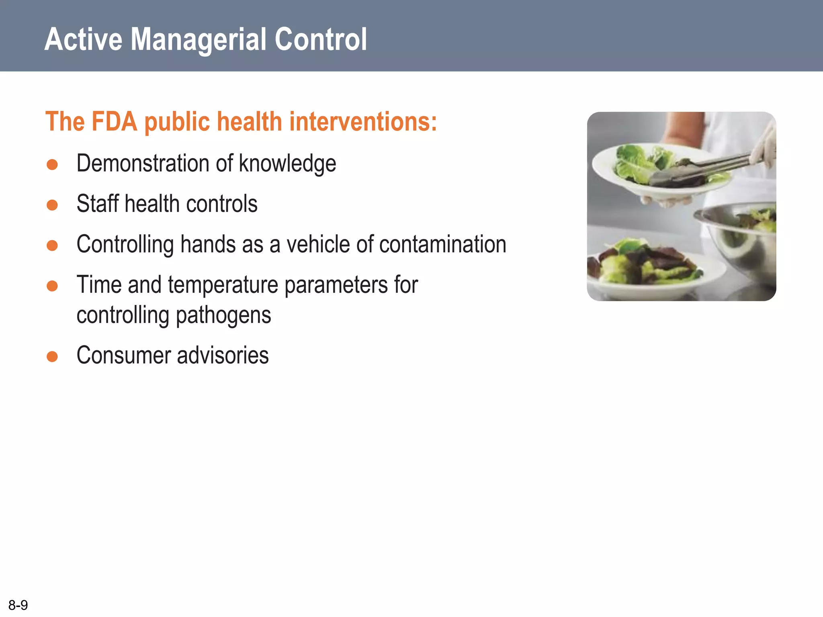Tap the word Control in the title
tap(320, 40)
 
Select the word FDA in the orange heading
tap(115, 122)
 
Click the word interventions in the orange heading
tap(362, 122)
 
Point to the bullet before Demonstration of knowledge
tap(52, 164)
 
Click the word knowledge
tap(287, 164)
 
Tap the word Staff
tap(98, 204)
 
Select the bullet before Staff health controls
tap(52, 205)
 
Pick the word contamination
tap(442, 244)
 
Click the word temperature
tap(223, 285)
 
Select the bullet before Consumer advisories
tap(52, 356)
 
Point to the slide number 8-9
tap(18, 605)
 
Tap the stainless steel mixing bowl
tap(743, 241)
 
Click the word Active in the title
tap(84, 40)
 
